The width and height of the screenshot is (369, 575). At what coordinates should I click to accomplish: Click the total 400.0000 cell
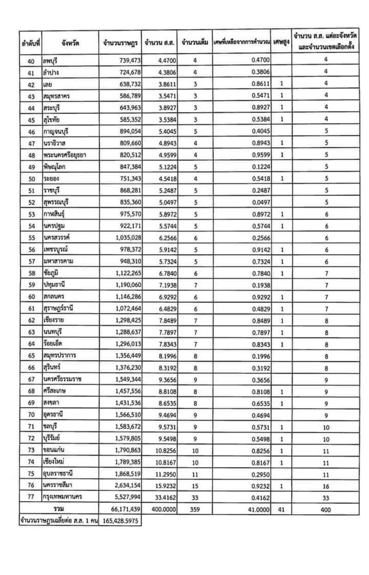point(159,510)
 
